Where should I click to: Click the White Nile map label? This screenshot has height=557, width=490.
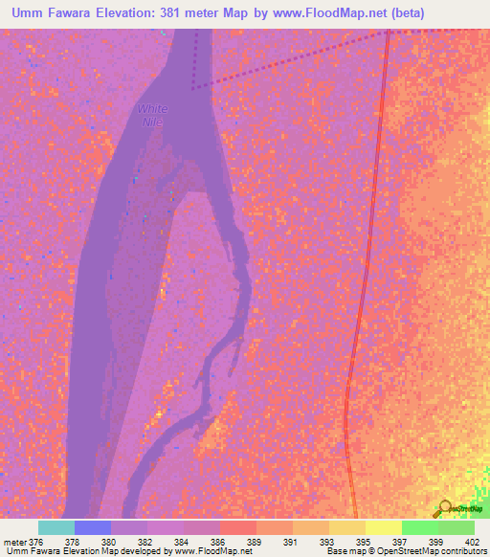[152, 116]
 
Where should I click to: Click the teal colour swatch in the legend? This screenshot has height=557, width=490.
[56, 527]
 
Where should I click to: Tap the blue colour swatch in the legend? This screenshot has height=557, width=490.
[92, 527]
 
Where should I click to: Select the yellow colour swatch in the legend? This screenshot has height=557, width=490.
[384, 527]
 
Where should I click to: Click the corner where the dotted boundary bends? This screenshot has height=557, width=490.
[193, 87]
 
